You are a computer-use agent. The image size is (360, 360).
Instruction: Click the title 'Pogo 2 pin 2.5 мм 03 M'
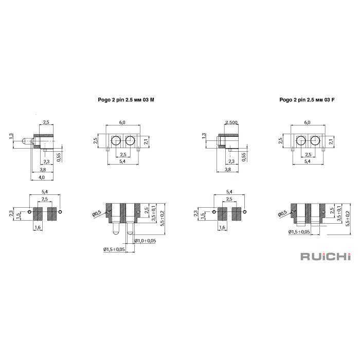[126, 100]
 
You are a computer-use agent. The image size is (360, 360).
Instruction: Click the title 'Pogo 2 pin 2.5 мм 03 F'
[307, 100]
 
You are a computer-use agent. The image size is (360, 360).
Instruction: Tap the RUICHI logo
[326, 257]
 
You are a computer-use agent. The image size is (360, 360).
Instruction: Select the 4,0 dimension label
[42, 177]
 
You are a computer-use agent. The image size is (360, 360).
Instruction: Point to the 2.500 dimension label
[231, 122]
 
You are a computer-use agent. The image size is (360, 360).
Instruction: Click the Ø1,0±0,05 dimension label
[145, 241]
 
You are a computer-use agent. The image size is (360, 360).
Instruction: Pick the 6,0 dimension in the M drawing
[122, 122]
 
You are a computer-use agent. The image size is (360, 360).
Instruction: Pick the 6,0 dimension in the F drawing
[307, 122]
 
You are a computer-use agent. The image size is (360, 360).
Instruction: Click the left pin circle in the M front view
[116, 140]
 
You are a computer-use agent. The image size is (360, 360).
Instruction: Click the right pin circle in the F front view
[315, 140]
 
